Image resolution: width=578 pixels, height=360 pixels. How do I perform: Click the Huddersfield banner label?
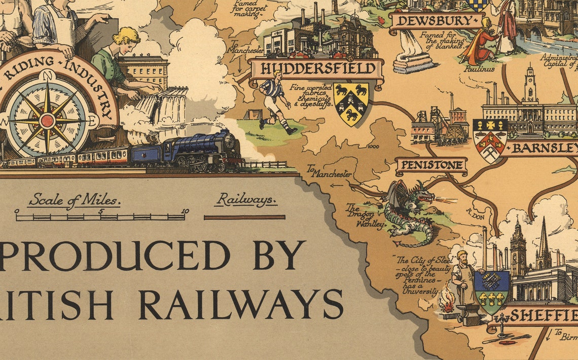[x=315, y=69]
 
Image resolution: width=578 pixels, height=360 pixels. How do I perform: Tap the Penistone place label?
[x=430, y=165]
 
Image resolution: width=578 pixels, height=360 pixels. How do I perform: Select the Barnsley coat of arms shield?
[x=490, y=138]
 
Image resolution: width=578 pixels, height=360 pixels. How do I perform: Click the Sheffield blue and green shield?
[x=491, y=292]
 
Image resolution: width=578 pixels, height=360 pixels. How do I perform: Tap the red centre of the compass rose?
[x=47, y=121]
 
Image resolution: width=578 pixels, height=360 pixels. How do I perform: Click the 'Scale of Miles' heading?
[x=74, y=200]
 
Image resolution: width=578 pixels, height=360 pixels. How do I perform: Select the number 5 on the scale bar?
[x=100, y=212]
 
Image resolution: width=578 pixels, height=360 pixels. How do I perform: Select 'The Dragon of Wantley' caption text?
[x=364, y=215]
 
